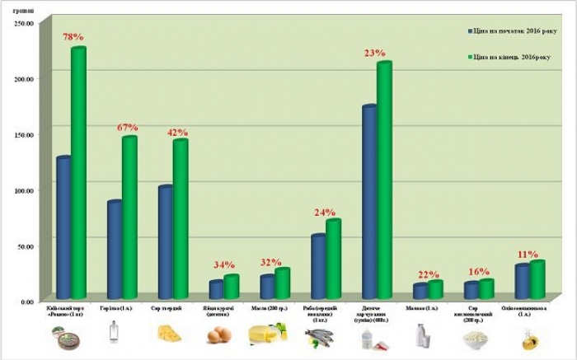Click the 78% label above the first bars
pos(73,38)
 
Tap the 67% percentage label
pos(127,128)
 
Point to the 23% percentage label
pos(375,54)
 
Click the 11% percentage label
pos(528,255)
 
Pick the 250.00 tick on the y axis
pos(23,23)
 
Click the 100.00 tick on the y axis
pos(23,190)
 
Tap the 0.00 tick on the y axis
pos(26,302)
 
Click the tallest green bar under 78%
pos(78,173)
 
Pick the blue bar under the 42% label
pos(165,242)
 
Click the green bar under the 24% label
pos(332,259)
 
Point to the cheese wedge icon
pos(169,333)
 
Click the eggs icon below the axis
pos(218,334)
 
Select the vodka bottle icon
pos(113,332)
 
